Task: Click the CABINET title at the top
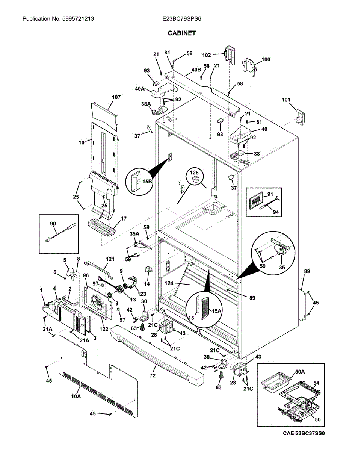(181, 33)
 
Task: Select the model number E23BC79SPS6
(182, 18)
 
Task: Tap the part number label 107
(116, 97)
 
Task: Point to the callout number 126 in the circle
(194, 173)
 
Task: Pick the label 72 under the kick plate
(153, 375)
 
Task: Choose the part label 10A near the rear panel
(76, 397)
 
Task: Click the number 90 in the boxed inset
(53, 224)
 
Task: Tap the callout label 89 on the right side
(307, 271)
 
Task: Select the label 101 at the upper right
(286, 100)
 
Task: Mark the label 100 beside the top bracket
(266, 59)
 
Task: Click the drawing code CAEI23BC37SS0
(304, 433)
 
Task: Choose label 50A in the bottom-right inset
(300, 372)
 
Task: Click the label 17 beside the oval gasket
(124, 218)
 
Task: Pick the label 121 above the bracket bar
(110, 259)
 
